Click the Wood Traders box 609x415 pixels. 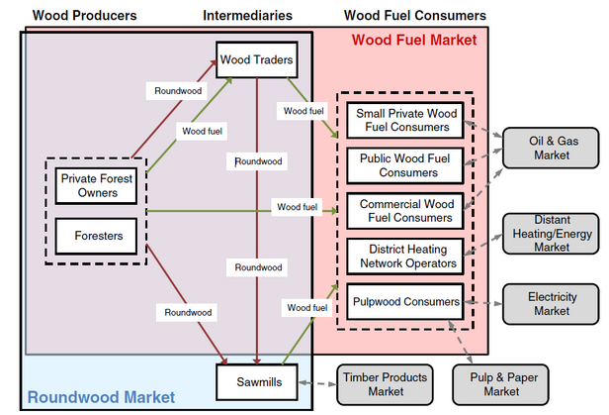coord(255,60)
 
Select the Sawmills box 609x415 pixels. coord(255,380)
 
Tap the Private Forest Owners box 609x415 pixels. coord(97,185)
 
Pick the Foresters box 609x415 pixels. coord(97,236)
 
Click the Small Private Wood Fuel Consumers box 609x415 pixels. coord(403,120)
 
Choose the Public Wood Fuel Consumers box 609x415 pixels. coord(403,164)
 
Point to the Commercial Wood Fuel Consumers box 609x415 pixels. coord(403,210)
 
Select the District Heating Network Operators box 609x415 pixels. coord(403,256)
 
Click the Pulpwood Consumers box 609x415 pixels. coord(403,301)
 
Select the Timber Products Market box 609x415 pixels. coord(384,384)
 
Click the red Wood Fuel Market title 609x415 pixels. coord(414,40)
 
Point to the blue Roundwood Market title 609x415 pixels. coord(101,398)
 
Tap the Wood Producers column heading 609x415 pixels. coord(85,16)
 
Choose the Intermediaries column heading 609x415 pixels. coord(247,16)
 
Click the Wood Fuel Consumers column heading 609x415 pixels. coord(415,16)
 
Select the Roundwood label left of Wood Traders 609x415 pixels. coord(178,90)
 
